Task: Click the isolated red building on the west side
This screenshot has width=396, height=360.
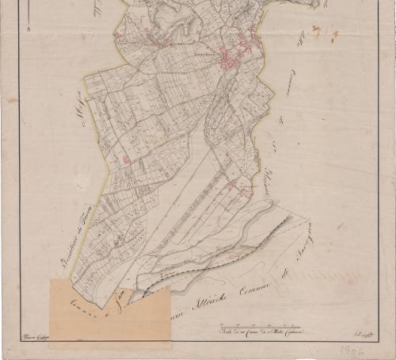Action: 126,159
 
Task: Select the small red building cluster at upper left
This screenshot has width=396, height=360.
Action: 119,35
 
